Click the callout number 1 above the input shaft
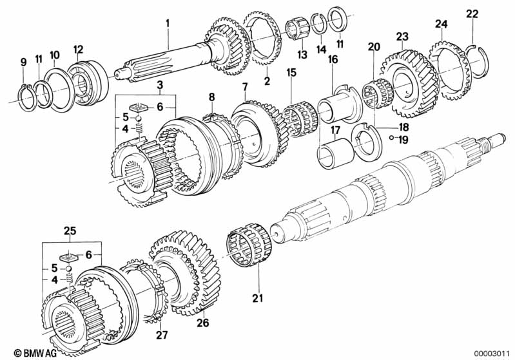[168, 23]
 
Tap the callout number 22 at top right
[472, 14]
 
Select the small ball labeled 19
[391, 138]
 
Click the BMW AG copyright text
[35, 353]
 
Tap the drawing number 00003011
[492, 353]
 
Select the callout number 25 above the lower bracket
[70, 231]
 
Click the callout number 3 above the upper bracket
[160, 85]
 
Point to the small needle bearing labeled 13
[296, 30]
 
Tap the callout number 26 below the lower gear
[203, 323]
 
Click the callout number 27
[162, 335]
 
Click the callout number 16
[333, 59]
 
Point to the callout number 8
[212, 97]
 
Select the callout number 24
[442, 24]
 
